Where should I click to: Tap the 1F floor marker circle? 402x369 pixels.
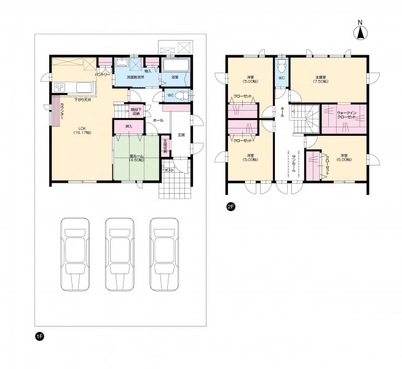coord(39,336)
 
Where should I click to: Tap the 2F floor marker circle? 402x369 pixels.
coord(231,207)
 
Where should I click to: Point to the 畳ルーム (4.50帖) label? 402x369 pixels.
coord(137,157)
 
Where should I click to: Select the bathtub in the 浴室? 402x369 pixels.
coord(177,66)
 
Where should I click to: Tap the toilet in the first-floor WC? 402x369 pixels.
coord(184,95)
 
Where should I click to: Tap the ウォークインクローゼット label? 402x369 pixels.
coord(348,114)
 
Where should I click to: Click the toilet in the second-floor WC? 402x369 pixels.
coord(281,65)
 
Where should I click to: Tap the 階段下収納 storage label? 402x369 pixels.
coord(135,111)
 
